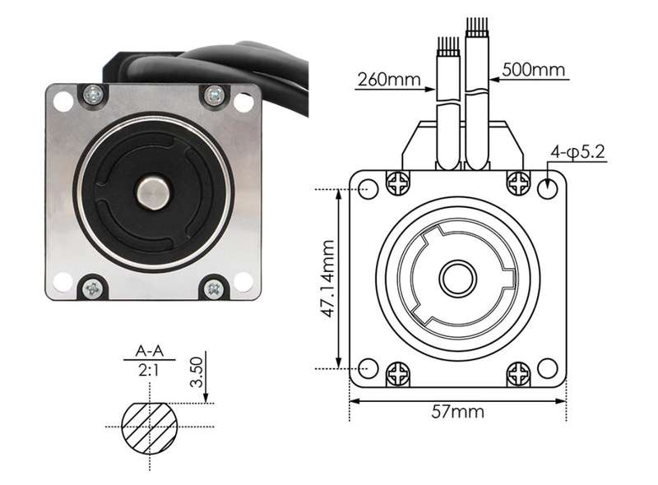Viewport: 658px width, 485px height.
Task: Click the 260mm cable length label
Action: [388, 79]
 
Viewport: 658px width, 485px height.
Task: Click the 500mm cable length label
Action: [533, 69]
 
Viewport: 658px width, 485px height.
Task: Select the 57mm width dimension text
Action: [457, 412]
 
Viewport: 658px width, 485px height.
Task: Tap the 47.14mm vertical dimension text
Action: [327, 278]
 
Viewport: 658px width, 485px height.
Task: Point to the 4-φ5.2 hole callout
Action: [578, 152]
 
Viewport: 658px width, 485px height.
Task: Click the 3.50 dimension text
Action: [196, 372]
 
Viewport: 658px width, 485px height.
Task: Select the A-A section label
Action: [150, 351]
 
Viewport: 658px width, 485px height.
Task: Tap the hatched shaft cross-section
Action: [150, 428]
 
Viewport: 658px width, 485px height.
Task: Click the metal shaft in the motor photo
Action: [153, 192]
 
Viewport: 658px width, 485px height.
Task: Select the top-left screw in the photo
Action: [93, 95]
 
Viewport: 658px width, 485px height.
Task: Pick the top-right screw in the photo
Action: [214, 95]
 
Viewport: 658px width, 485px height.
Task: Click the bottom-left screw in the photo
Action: [92, 289]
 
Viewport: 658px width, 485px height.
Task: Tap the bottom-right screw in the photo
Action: [214, 289]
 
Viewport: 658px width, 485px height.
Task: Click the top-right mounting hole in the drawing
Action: [548, 188]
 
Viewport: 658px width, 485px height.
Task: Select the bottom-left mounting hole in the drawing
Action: [368, 368]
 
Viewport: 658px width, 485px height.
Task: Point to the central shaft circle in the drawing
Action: [458, 278]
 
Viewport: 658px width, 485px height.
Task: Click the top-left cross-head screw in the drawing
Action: [397, 184]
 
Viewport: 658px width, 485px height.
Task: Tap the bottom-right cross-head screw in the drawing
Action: [519, 374]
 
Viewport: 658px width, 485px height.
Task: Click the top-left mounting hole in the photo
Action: [63, 101]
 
